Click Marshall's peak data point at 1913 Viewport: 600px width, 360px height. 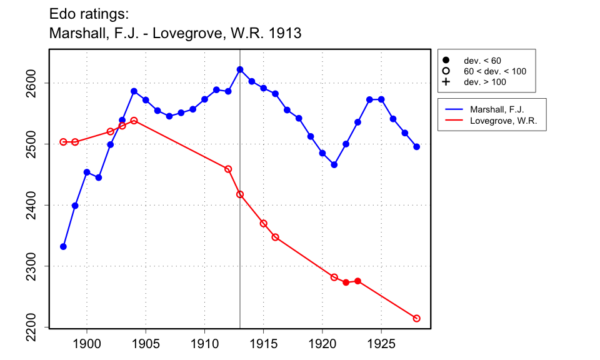240,69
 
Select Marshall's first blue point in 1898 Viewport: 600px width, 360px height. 63,246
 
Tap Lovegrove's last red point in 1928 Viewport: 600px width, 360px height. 417,319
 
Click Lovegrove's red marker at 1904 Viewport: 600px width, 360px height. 134,120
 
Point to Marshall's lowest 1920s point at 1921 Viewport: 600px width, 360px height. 334,165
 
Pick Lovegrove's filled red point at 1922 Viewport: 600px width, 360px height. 346,282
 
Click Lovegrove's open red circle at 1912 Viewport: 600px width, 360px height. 228,169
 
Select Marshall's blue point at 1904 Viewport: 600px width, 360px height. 134,91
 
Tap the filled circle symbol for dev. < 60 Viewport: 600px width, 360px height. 446,61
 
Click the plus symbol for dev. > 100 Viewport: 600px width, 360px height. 446,82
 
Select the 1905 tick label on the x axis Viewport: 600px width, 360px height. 146,343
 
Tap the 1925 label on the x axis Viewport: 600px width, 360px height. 381,343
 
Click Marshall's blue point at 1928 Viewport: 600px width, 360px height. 417,147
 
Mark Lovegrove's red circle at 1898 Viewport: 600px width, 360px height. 63,142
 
